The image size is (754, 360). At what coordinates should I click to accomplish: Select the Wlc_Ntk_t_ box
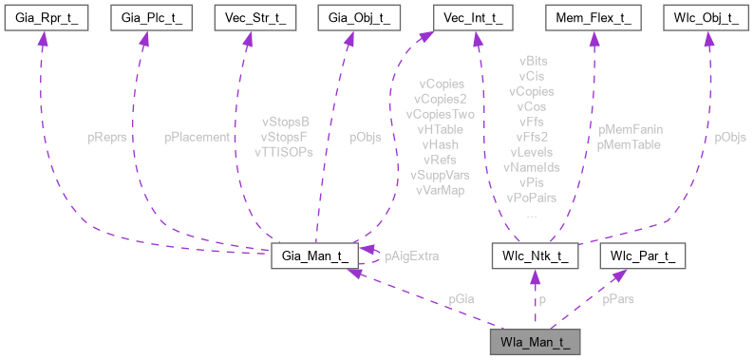coord(535,256)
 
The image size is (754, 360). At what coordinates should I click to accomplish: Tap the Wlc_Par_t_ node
coord(642,256)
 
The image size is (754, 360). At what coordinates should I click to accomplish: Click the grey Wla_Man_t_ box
coord(535,339)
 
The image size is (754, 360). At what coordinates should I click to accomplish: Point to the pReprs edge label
coord(107,137)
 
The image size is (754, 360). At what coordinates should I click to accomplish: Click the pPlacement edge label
coord(197,137)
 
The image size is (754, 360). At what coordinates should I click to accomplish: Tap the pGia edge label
coord(463,298)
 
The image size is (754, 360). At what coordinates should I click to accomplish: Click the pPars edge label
coord(619,298)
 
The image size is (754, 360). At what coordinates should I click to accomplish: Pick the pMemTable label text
coord(629,143)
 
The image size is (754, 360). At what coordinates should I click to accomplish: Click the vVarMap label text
coord(440,190)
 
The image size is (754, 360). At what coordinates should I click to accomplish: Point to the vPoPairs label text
coord(532,198)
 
